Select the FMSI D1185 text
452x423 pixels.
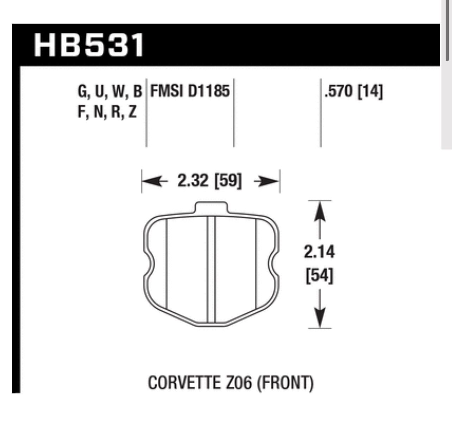[190, 91]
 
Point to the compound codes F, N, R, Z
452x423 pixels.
[107, 112]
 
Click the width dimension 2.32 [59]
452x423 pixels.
[209, 181]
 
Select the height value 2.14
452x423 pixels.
[319, 252]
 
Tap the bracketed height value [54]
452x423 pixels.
[319, 276]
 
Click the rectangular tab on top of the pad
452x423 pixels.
[211, 207]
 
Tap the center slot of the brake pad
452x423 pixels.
[211, 269]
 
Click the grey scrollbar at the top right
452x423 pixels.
[446, 32]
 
